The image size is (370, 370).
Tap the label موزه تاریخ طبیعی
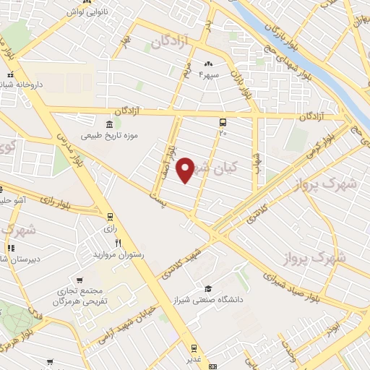(109, 135)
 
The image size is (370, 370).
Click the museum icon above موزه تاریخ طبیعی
(108, 123)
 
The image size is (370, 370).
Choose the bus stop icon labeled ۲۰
(223, 122)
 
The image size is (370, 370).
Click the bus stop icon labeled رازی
(110, 216)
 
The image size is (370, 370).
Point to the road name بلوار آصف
(170, 156)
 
